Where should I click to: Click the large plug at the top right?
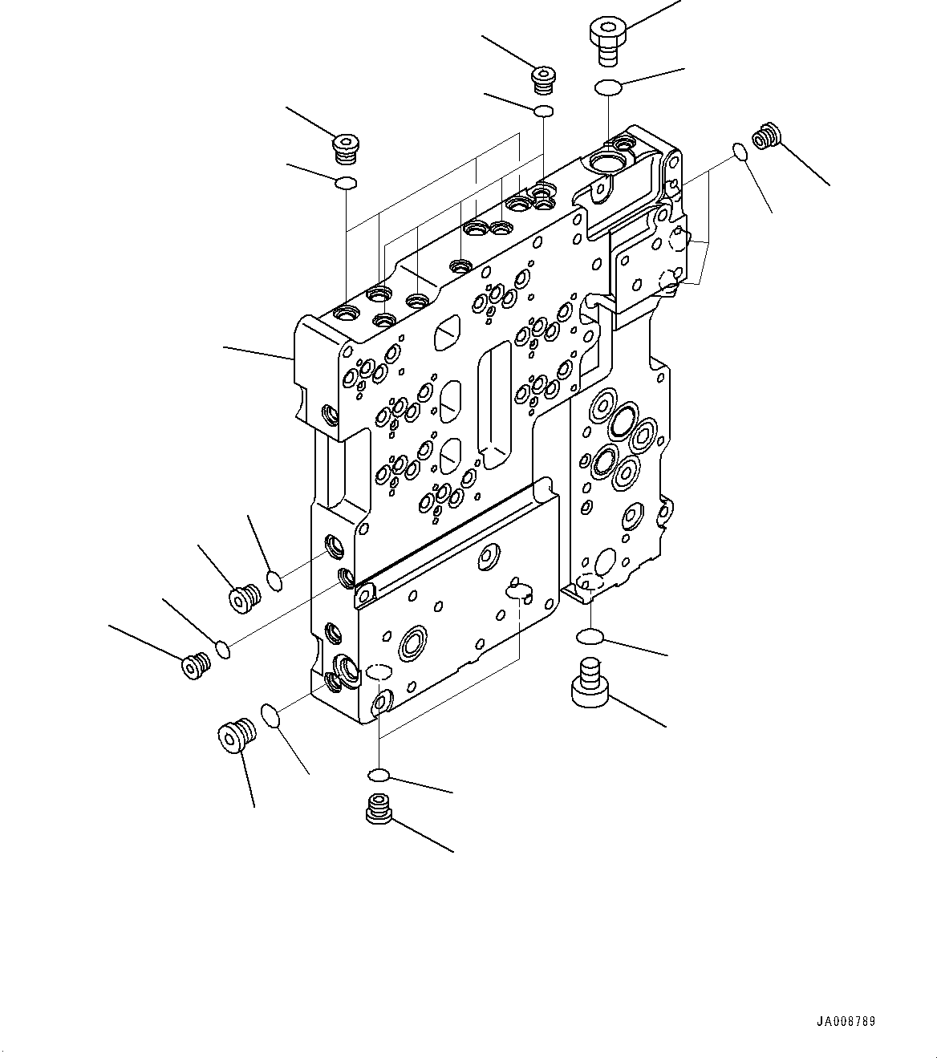click(608, 39)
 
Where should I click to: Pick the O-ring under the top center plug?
click(544, 110)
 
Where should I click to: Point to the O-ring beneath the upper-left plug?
click(345, 183)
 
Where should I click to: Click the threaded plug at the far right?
click(765, 138)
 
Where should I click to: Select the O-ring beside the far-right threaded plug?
click(740, 152)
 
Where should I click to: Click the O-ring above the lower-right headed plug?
click(591, 637)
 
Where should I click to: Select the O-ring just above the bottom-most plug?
click(378, 775)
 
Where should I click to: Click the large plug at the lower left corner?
click(236, 736)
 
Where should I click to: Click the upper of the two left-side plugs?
click(244, 598)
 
